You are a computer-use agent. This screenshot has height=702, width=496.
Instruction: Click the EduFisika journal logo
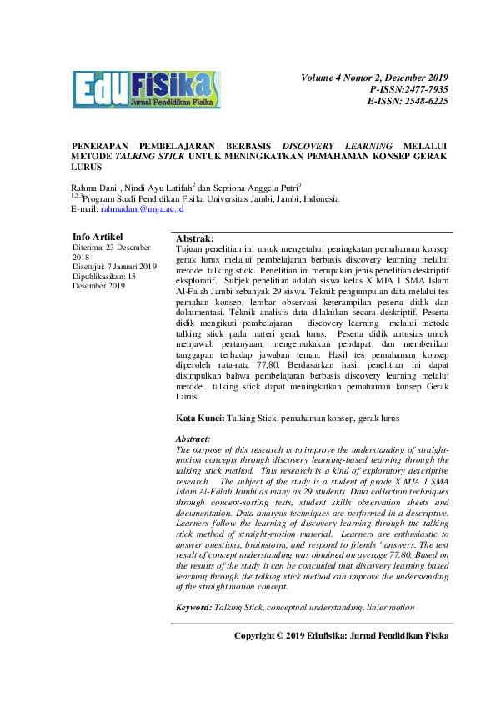tap(146, 89)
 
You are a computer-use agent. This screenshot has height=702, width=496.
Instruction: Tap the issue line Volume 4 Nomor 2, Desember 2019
tap(374, 78)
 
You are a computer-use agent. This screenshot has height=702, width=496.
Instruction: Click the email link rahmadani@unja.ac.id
tap(148, 210)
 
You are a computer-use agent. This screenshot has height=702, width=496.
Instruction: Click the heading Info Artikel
tap(98, 238)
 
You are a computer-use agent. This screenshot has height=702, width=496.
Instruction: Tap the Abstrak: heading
tap(195, 239)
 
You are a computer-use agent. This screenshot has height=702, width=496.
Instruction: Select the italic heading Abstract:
tap(193, 439)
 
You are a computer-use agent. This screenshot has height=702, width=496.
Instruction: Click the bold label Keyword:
tap(193, 609)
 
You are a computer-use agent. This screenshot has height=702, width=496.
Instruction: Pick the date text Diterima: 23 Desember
tap(112, 248)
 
